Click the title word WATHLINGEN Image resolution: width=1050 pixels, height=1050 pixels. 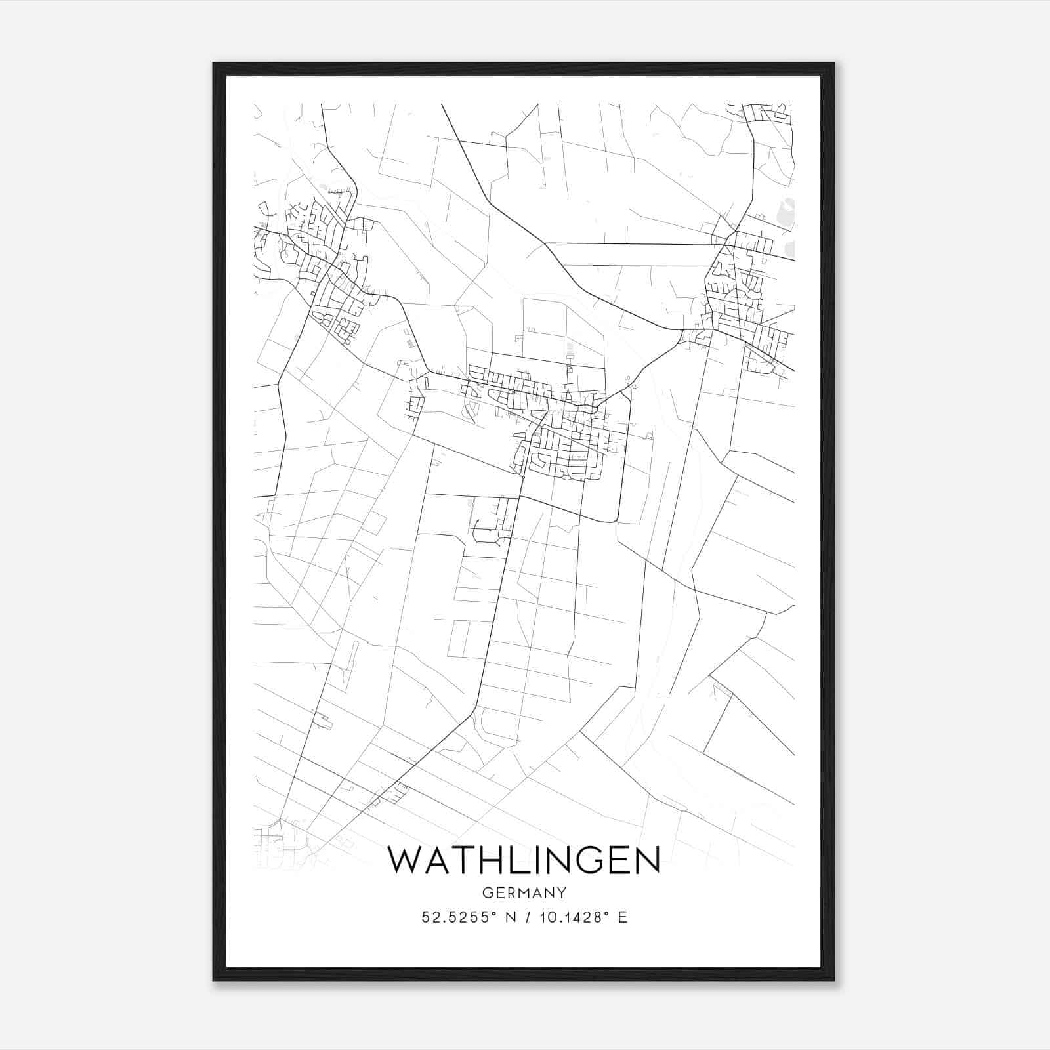coord(524,860)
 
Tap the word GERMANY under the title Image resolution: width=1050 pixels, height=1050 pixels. coord(524,892)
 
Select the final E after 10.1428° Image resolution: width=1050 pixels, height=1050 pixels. coord(623,917)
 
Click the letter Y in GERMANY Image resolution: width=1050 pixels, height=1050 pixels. coord(562,892)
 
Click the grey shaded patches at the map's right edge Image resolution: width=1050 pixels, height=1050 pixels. coord(786,217)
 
